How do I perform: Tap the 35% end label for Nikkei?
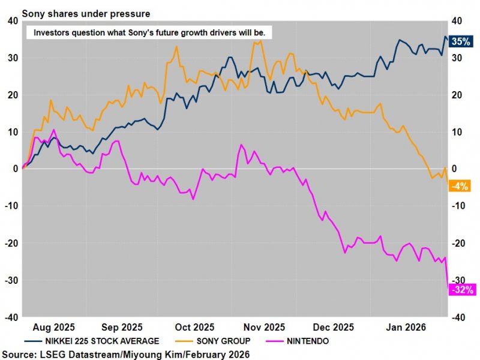pyautogui.click(x=461, y=42)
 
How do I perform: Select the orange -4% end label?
pyautogui.click(x=460, y=186)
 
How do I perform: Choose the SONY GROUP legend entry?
pyautogui.click(x=220, y=341)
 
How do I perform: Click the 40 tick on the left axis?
pyautogui.click(x=12, y=21)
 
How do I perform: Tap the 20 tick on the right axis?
pyautogui.click(x=457, y=95)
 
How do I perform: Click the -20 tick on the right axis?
pyautogui.click(x=458, y=243)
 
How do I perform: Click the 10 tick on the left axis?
pyautogui.click(x=12, y=132)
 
